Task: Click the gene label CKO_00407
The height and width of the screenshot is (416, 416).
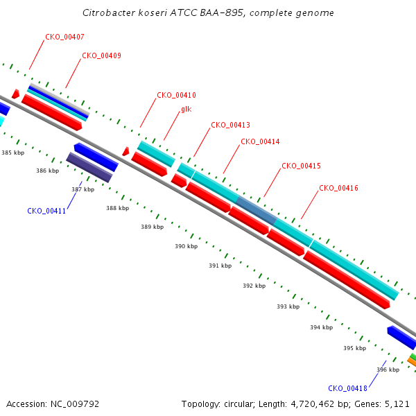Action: pos(64,37)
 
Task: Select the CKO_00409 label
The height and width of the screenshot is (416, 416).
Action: pos(101,55)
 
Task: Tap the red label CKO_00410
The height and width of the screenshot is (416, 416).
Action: pos(176,95)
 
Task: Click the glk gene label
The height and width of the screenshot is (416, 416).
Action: pos(187,110)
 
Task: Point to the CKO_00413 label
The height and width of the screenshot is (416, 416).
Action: pos(230,125)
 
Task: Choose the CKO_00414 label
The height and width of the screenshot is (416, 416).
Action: pos(260,141)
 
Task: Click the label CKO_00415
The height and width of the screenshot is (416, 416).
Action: pos(301,166)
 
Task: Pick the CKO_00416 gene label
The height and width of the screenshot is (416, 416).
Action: pos(338,189)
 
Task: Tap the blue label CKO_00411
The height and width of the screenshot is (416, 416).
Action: pos(46,211)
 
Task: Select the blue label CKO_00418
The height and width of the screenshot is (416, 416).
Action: pos(347,389)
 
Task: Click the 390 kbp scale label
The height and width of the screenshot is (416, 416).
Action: pos(186,246)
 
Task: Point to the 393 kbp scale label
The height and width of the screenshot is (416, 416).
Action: pos(288,306)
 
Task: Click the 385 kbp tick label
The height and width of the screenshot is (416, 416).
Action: pos(12,153)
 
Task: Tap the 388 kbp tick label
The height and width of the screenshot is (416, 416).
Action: pos(118,208)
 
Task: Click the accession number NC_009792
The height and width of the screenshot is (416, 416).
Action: pos(75,404)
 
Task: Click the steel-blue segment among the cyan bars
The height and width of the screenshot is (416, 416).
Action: pos(257,210)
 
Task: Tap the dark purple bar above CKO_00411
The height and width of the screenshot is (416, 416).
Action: pos(89,167)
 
